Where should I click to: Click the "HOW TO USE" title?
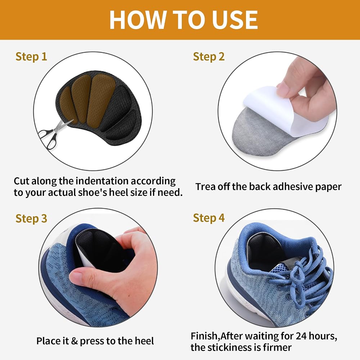(184, 20)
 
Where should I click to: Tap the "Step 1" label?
(31, 57)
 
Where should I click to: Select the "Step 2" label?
(209, 57)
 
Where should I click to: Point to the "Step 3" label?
(31, 219)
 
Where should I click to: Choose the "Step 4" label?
(209, 218)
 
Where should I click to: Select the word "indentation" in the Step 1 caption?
(102, 181)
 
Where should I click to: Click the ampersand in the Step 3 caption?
(74, 341)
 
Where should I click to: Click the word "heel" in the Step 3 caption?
(144, 341)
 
